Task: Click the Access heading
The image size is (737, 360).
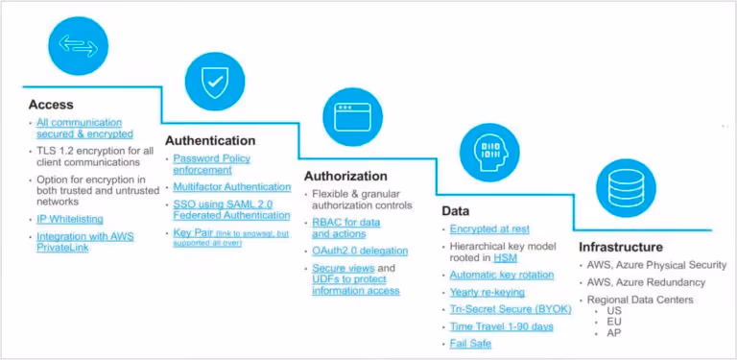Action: (x=51, y=105)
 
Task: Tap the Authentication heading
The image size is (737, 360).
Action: (x=210, y=140)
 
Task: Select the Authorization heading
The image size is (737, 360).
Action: (x=345, y=176)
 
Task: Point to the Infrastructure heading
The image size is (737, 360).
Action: (x=620, y=247)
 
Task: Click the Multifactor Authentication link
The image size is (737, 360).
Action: (x=231, y=187)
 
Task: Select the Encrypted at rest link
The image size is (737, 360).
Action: (x=487, y=228)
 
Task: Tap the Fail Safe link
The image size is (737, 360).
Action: (x=472, y=344)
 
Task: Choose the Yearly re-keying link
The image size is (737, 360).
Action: (x=488, y=292)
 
